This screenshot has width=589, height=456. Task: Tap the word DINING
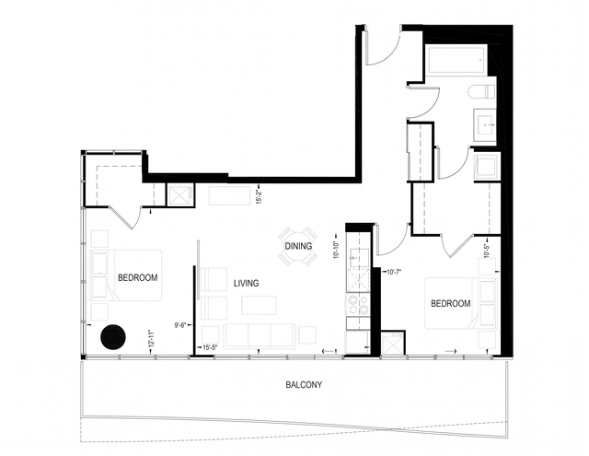point(298,247)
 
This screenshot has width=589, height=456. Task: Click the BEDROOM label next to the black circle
point(138,277)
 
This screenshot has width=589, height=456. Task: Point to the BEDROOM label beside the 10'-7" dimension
point(451,303)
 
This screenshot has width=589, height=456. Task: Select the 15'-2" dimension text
point(261,196)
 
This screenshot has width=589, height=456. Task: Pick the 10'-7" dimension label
point(395,272)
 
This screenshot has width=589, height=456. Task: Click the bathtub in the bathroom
point(456,62)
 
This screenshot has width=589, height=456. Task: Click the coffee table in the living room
point(260,305)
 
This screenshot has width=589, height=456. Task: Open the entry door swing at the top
point(381,51)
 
